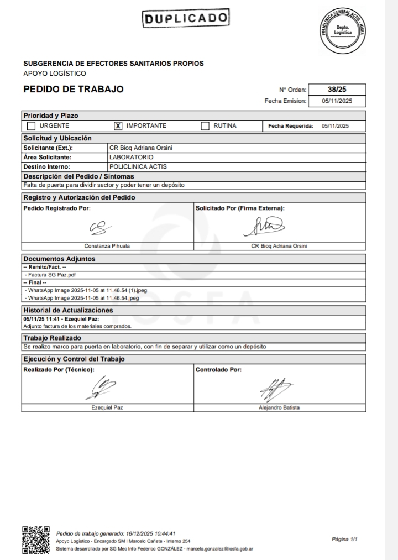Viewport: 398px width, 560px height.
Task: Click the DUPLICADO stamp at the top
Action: point(185,19)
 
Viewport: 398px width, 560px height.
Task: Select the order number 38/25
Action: point(337,90)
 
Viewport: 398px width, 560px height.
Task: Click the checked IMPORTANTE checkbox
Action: point(118,126)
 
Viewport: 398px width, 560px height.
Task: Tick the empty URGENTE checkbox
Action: point(32,126)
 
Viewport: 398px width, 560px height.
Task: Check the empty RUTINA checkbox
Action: point(205,126)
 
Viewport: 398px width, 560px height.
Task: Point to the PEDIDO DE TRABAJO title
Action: point(74,90)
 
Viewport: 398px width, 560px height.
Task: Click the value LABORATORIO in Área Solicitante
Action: point(132,157)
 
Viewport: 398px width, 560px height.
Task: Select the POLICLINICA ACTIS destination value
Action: point(138,166)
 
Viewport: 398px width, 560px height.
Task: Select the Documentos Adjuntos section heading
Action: point(59,259)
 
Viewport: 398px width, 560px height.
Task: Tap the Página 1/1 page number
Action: point(345,538)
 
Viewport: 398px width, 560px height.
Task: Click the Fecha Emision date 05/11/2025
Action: point(337,101)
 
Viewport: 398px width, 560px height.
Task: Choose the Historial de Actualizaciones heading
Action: point(67,310)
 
